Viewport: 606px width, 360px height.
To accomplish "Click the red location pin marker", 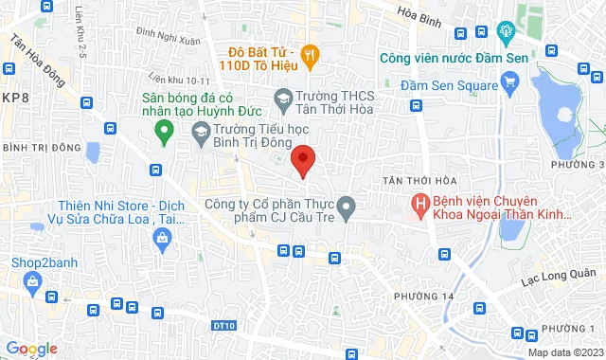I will tap(302, 160).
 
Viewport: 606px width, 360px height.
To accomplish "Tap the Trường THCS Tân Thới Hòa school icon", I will tap(282, 97).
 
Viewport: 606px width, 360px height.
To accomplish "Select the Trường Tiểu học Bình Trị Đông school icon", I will tap(201, 131).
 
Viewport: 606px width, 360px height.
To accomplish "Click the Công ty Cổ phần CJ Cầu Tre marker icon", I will tap(347, 205).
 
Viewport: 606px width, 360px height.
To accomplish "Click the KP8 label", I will tap(14, 98).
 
